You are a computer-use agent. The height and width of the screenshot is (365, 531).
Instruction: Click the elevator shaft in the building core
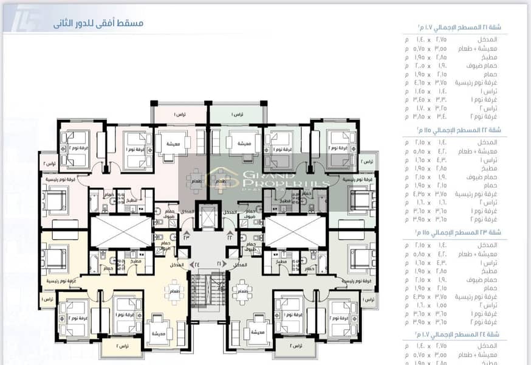click(x=208, y=218)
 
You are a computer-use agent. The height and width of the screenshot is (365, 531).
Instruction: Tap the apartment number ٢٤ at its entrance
click(x=197, y=265)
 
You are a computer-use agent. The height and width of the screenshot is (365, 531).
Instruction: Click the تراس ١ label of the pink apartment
click(x=179, y=114)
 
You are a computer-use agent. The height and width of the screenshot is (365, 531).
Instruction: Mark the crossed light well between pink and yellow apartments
click(x=120, y=232)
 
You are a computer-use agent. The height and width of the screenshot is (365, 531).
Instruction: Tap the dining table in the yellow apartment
click(x=176, y=288)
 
